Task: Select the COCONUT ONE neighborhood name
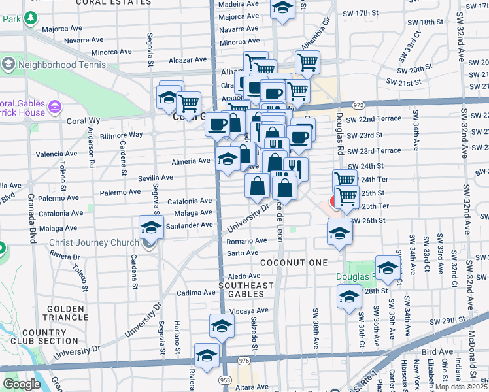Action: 294,262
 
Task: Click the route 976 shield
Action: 243,360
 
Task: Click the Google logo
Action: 21,384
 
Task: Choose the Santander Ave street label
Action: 191,225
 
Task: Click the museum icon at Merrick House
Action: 55,106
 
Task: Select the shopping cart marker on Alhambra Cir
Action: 307,62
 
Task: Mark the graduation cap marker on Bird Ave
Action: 207,357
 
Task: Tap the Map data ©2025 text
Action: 461,387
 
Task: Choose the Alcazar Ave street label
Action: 189,59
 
